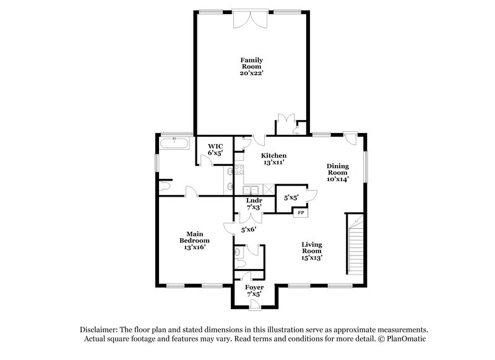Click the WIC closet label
(215, 146)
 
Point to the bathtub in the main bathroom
(174, 143)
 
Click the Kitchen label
(273, 155)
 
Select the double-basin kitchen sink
(251, 190)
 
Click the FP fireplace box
(301, 213)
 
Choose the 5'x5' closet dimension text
(291, 198)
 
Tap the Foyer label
(254, 288)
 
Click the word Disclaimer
(100, 330)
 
